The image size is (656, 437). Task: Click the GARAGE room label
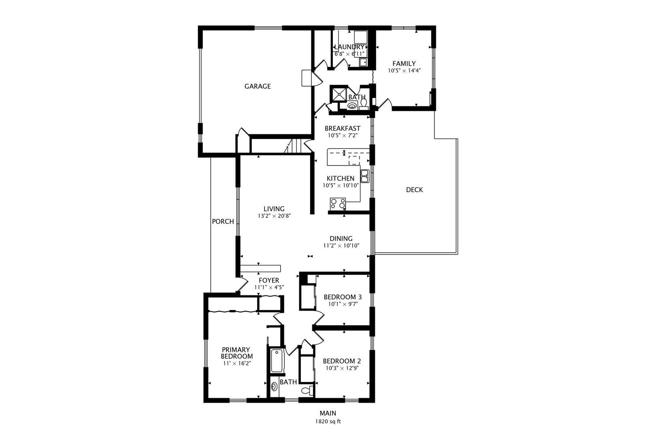pos(258,86)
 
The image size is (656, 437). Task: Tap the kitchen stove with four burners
pos(338,204)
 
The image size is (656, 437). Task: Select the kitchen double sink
pos(364,176)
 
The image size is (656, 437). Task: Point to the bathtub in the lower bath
pos(277,361)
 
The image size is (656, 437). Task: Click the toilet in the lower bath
pos(307,390)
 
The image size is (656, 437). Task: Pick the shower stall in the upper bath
pos(339,93)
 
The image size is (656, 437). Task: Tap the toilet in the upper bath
pos(364,104)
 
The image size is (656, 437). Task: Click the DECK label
pos(414,190)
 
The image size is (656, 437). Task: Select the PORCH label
pos(223,222)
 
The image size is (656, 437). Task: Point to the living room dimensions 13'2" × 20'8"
pos(274,216)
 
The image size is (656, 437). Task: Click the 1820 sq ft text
pos(328,422)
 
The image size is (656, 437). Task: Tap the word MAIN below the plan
pos(328,413)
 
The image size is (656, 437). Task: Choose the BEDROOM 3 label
pos(343,297)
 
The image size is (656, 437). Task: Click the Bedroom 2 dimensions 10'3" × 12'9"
pos(342,368)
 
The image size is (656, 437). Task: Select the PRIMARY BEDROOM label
pos(236,353)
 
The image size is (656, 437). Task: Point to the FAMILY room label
pos(404,64)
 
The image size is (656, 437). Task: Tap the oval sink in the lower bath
pos(275,387)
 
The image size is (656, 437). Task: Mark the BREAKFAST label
pos(343,129)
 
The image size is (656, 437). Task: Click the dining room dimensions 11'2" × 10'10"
pos(341,246)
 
